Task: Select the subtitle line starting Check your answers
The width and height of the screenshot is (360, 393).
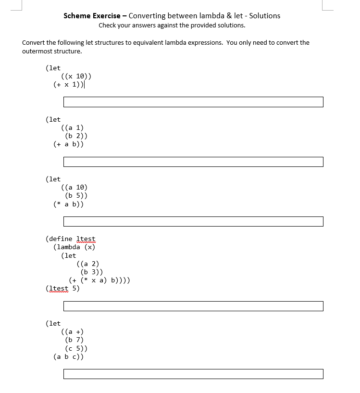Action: point(172,25)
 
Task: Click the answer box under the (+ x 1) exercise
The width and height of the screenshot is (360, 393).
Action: point(193,102)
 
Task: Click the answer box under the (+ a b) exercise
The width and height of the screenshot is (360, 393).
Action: point(193,162)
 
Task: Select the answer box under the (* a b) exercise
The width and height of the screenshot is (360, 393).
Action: point(193,221)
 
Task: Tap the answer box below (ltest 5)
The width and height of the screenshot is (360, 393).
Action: point(193,306)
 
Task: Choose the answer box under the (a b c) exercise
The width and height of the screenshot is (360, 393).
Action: point(193,374)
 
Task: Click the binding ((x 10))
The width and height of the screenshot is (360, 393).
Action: point(76,76)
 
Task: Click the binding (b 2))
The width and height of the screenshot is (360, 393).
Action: point(76,136)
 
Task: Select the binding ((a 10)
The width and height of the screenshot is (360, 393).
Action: point(74,187)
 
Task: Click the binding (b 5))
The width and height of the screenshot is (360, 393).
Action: point(76,195)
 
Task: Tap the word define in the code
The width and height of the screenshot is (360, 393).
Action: point(61,239)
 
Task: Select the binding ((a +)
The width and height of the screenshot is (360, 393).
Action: point(72,331)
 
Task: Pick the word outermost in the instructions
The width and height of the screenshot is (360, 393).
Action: point(37,51)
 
